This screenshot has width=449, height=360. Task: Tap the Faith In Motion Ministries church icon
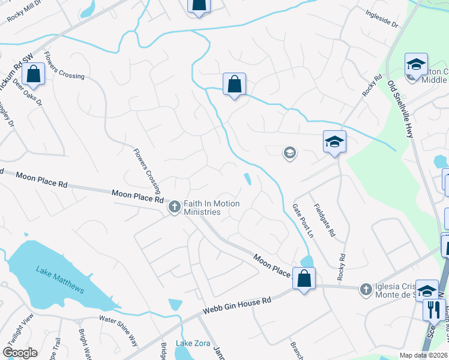[175, 208]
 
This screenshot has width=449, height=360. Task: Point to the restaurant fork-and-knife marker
[433, 310]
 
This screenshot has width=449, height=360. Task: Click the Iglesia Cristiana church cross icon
[365, 289]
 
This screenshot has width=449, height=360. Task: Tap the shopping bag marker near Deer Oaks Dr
[34, 74]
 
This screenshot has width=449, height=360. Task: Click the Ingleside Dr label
[382, 19]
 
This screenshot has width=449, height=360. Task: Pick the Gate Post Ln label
[303, 221]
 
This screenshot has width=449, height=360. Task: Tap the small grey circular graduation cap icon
[289, 153]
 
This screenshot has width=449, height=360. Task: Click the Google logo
[20, 353]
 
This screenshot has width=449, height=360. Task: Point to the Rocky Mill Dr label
[23, 11]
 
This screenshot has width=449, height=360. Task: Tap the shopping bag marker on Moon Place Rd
[304, 279]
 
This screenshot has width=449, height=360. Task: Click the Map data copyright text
[423, 355]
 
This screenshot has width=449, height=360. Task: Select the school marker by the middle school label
[416, 64]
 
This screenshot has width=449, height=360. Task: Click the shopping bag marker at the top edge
[199, 5]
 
